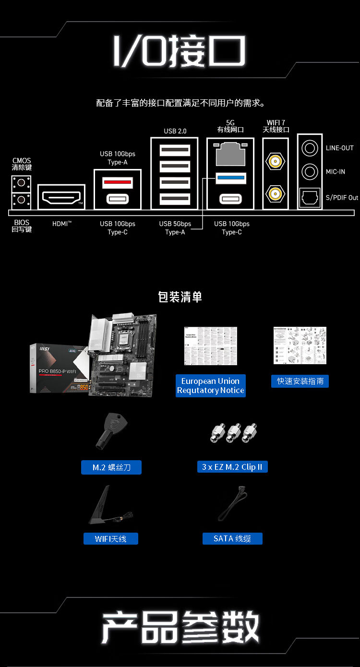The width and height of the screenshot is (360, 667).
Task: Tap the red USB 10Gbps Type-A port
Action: coord(118,181)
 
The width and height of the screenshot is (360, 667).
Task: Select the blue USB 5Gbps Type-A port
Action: coord(231,179)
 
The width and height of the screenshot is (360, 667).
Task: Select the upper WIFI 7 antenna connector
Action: coord(275,161)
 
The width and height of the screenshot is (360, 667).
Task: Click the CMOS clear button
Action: coord(21,183)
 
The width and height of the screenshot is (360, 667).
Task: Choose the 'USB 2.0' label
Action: coord(175,131)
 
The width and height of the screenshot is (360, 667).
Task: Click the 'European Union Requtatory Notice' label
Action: coord(211,386)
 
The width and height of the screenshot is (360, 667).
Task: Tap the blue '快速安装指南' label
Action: coord(300,381)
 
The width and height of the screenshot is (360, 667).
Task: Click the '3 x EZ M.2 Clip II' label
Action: coord(232,467)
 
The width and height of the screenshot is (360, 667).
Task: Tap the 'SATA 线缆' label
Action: coord(232,538)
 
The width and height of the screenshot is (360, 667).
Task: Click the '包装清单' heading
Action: coord(180,297)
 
